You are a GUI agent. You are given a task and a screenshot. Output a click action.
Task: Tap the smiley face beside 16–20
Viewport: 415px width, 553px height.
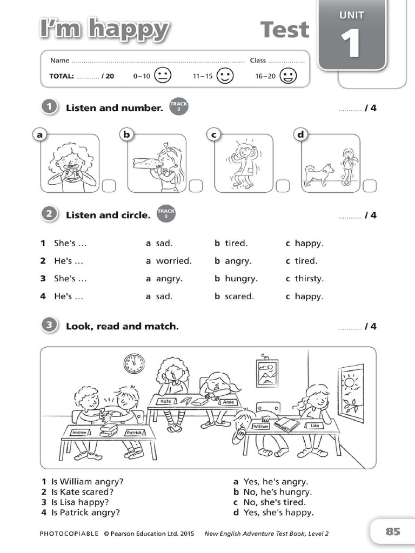coord(289,76)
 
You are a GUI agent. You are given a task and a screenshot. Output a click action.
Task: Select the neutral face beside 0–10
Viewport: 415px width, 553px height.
coord(163,76)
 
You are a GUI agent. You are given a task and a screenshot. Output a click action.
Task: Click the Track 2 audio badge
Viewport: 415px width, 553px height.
coord(179,107)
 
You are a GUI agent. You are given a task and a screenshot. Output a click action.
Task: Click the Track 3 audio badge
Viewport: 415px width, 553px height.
coord(166,214)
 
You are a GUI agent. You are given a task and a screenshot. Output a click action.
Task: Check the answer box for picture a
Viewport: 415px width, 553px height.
coord(108,186)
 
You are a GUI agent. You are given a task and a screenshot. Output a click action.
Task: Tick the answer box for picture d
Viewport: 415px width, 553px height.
coord(369,186)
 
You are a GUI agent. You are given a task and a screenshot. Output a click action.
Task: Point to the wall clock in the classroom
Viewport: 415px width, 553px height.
coord(134,363)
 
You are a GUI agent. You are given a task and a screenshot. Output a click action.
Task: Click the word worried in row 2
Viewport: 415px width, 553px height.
coord(173,261)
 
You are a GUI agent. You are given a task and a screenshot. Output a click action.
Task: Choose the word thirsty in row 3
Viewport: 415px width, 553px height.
coord(309,279)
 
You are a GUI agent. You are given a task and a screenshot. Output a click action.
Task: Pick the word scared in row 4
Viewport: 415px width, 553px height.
coord(239,296)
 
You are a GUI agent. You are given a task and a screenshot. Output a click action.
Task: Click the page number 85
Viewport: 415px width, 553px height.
coord(393,531)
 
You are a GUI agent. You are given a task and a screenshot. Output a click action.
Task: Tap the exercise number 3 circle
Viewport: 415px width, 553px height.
coord(49,326)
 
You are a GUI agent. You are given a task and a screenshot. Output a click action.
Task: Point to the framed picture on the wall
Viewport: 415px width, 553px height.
coord(267,373)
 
